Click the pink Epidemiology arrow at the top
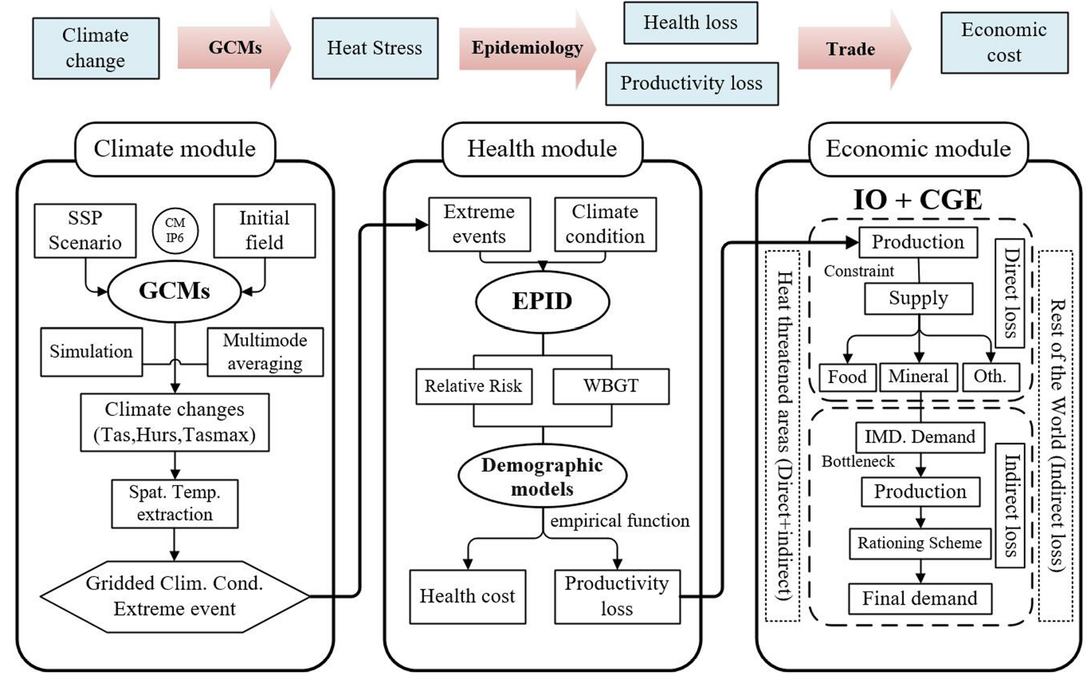coord(526,49)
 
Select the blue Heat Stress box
coord(375,49)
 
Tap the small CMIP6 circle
coord(175,231)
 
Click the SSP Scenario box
coord(85,230)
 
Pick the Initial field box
coord(264,230)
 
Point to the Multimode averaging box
coord(265,352)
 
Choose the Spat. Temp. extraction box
coord(175,503)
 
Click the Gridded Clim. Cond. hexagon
coord(175,596)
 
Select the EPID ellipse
coord(542,301)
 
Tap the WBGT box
coord(610,386)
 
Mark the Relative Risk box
coord(473,386)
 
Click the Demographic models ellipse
coord(542,477)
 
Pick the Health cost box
coord(467,597)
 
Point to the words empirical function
coord(620,521)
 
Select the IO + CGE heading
coord(917,199)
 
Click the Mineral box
coord(918,377)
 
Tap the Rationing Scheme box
coord(920,543)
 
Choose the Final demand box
coord(920,599)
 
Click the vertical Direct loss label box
coord(1010,293)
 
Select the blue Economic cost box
coord(1004,43)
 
